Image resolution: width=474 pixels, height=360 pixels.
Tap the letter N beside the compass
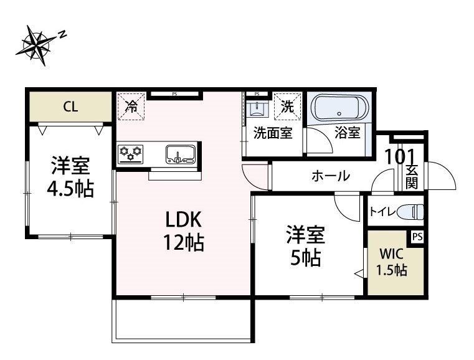point(62,35)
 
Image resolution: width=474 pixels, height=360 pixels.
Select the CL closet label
point(70,107)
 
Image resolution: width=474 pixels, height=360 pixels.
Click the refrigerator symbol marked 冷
point(131,105)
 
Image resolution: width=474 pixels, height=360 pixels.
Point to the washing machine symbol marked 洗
point(287,105)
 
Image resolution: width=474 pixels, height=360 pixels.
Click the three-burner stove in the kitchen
point(131,151)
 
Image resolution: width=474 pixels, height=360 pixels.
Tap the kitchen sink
point(180,153)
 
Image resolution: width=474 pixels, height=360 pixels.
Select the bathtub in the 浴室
point(339,110)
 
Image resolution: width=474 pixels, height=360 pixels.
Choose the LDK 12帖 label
point(184,231)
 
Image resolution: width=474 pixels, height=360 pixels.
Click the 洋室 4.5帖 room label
point(71,178)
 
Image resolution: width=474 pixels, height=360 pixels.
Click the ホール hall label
point(330,176)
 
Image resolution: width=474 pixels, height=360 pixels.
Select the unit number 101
point(400,156)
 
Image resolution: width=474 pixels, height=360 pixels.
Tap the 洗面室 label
point(272,133)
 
